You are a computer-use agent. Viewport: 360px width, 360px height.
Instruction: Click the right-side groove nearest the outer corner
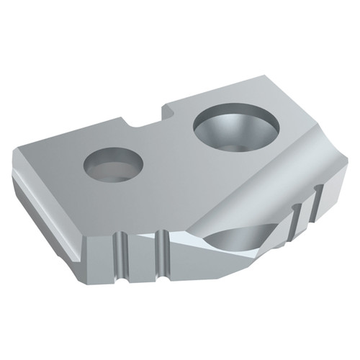(x=315, y=194)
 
